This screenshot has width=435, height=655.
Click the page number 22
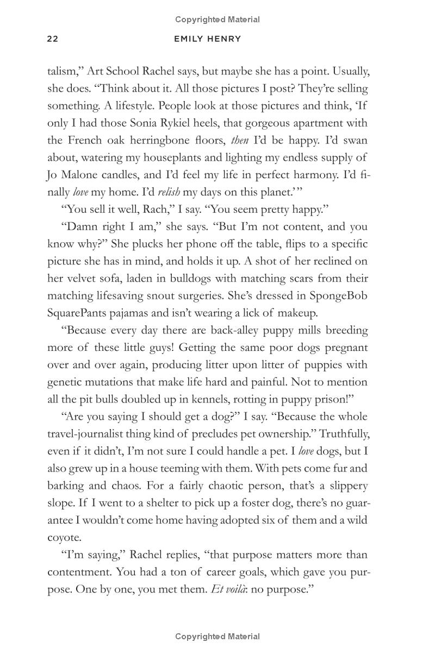(x=53, y=39)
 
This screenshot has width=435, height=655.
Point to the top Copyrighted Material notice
(x=217, y=20)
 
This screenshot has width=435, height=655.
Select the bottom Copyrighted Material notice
(x=217, y=636)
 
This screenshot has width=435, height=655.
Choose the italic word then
(x=239, y=140)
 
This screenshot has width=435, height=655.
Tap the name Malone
(x=83, y=175)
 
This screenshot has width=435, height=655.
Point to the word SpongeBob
(x=339, y=296)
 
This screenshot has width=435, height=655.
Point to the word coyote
(x=64, y=538)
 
